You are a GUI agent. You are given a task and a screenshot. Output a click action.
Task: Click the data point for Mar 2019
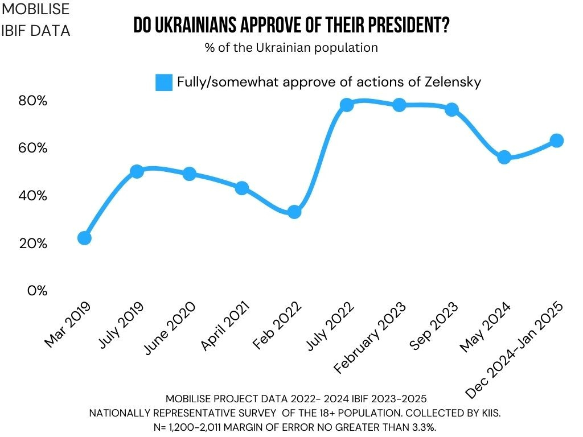click(84, 238)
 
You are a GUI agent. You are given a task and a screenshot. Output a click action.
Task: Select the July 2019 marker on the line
click(137, 171)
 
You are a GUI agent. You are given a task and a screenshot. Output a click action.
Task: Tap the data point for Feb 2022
click(294, 212)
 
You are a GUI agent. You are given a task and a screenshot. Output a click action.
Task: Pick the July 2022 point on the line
click(347, 105)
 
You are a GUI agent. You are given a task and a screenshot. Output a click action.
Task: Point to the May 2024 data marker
click(504, 157)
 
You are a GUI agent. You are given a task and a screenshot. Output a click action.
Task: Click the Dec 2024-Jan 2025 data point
click(557, 140)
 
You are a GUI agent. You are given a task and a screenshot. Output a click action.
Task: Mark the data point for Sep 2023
click(452, 109)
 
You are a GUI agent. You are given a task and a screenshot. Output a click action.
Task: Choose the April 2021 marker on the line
click(242, 188)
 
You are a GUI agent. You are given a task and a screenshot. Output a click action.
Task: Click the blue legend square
click(164, 82)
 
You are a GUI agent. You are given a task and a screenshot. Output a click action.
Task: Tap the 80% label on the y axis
click(32, 101)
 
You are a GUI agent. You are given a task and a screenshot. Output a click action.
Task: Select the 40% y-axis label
click(32, 196)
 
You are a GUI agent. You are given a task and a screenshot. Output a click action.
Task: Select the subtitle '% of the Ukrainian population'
click(291, 48)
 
